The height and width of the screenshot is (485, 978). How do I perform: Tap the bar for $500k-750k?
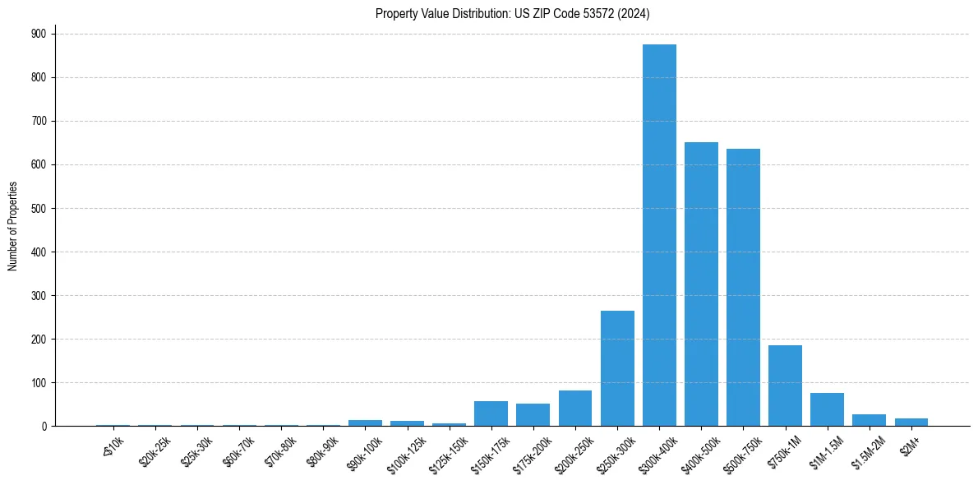coord(743,288)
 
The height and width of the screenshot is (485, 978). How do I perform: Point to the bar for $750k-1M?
coord(785,386)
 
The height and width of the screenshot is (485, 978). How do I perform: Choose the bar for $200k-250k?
coord(575,409)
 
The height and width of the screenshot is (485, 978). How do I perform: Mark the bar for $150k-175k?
coord(491,413)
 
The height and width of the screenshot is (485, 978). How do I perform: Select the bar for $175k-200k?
coord(533,415)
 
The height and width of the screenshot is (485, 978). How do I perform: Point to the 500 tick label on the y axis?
coord(40,208)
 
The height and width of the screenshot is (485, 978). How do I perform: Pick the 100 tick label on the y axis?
coord(40,382)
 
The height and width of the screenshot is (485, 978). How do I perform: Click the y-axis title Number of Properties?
coord(13,225)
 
